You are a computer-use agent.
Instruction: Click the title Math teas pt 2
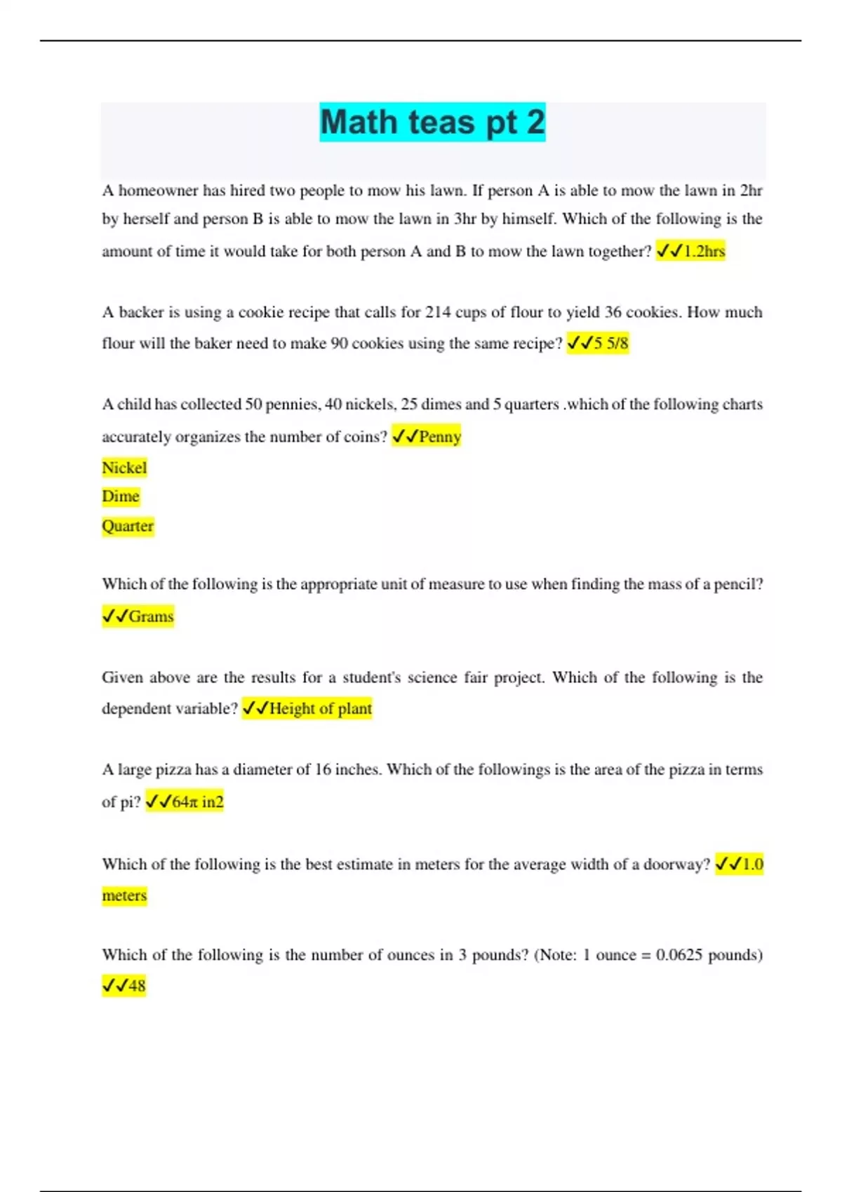pos(432,122)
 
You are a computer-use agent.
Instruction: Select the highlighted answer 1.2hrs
pos(704,251)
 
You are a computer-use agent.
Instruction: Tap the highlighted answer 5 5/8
pos(610,343)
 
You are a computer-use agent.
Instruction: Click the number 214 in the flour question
pos(439,312)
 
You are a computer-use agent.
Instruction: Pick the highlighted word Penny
pos(439,436)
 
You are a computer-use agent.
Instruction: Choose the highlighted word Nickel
pos(124,468)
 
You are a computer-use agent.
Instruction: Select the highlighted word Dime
pos(121,496)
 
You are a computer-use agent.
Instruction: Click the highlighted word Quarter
pos(128,526)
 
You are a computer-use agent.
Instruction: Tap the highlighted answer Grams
pos(151,616)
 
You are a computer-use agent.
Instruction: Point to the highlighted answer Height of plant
pos(320,708)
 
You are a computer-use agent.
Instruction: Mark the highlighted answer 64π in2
pos(197,801)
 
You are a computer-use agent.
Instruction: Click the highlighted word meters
pos(124,895)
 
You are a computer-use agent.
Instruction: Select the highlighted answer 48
pos(136,985)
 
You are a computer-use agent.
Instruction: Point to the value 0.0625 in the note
pos(679,954)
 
